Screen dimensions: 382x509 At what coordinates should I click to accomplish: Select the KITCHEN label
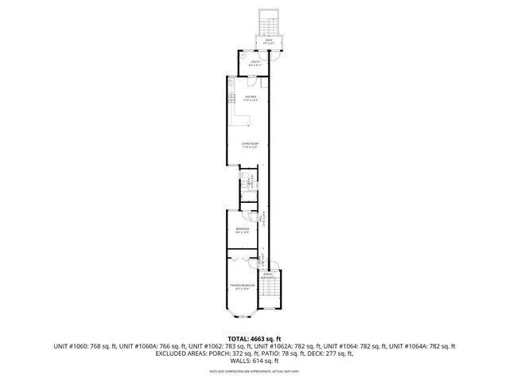click(x=251, y=99)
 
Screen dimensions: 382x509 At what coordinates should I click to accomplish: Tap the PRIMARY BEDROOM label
click(x=243, y=285)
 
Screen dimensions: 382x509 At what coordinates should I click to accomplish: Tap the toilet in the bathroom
click(x=246, y=175)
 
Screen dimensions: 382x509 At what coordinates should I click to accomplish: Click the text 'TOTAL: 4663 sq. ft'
click(x=254, y=337)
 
